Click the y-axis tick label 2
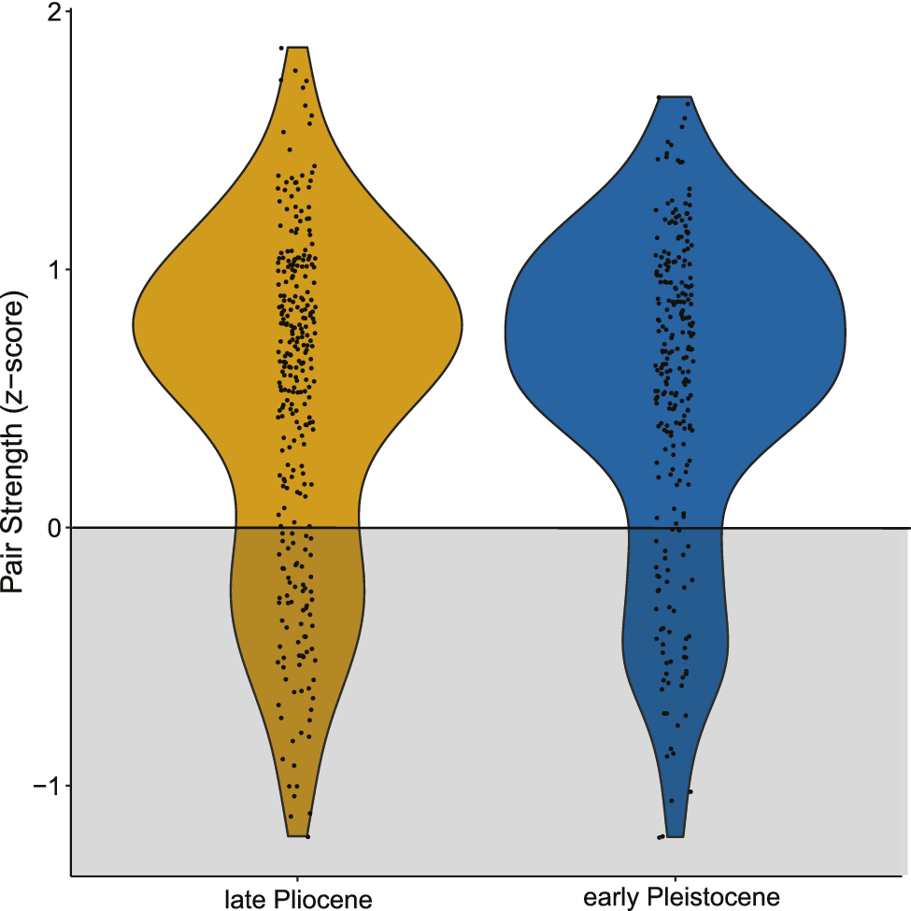[x=55, y=12]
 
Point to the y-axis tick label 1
[x=55, y=270]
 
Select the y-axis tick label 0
[x=55, y=528]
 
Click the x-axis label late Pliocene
[x=298, y=899]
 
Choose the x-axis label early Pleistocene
[x=681, y=898]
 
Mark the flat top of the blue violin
[x=674, y=96]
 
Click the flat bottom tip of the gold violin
[x=298, y=836]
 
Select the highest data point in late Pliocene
[x=281, y=48]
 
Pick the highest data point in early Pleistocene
[x=658, y=97]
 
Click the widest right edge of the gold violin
[x=463, y=328]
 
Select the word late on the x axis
[x=245, y=899]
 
